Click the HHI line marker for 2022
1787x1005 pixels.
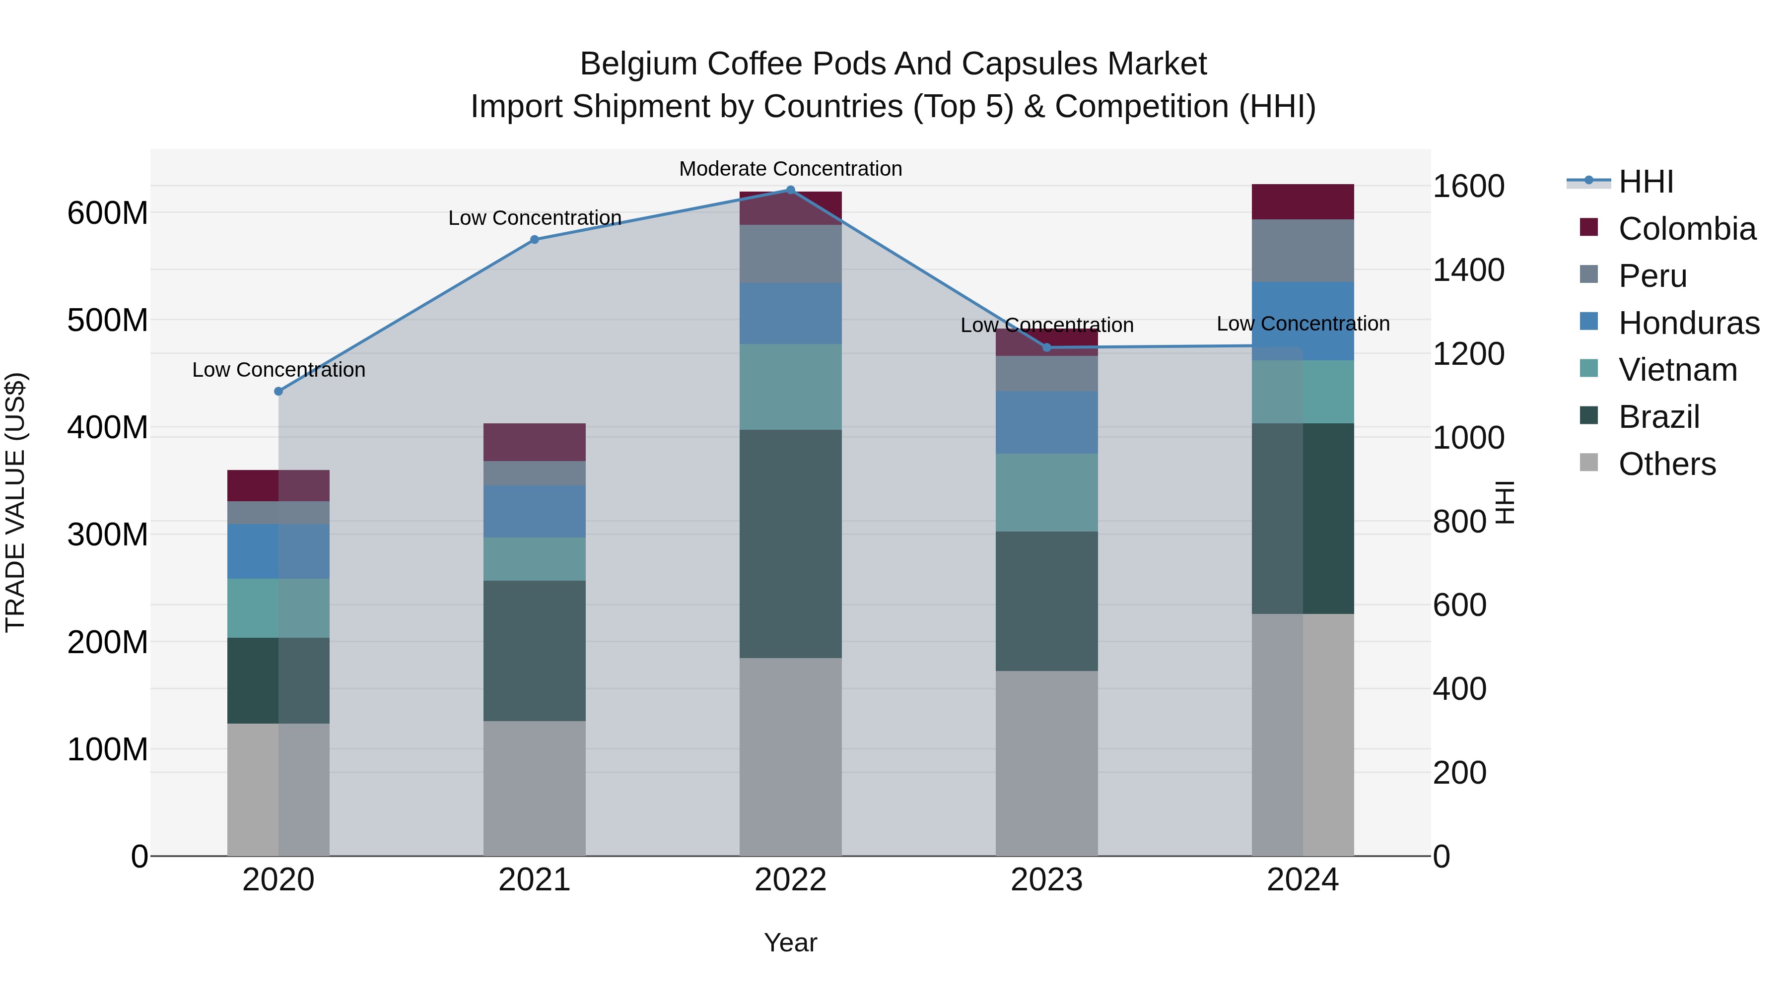pyautogui.click(x=790, y=190)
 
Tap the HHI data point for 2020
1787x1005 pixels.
pyautogui.click(x=278, y=391)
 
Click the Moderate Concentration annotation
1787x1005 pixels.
pyautogui.click(x=790, y=169)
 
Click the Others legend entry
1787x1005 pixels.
pyautogui.click(x=1666, y=464)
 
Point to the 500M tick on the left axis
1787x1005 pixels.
pyautogui.click(x=108, y=321)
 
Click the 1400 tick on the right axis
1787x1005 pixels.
pyautogui.click(x=1469, y=270)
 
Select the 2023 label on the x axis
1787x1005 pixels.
pyautogui.click(x=1046, y=880)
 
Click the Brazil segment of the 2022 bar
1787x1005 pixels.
pyautogui.click(x=790, y=544)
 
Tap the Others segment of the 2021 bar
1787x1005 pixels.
pyautogui.click(x=534, y=788)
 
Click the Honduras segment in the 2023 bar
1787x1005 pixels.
pyautogui.click(x=1046, y=422)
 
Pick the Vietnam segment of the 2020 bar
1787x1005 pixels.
pyautogui.click(x=278, y=608)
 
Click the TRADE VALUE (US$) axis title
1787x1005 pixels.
pyautogui.click(x=15, y=502)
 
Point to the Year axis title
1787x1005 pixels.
pyautogui.click(x=790, y=942)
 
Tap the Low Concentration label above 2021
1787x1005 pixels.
pyautogui.click(x=534, y=218)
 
